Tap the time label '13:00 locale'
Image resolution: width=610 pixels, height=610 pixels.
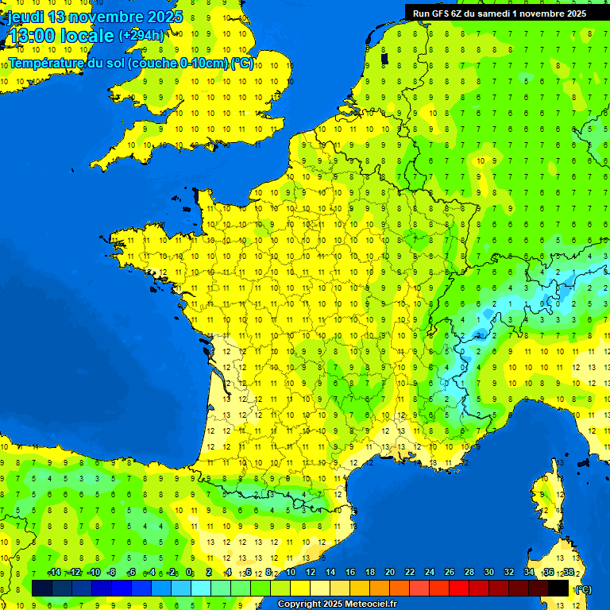pyautogui.click(x=61, y=36)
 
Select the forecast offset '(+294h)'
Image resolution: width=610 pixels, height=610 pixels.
pyautogui.click(x=142, y=36)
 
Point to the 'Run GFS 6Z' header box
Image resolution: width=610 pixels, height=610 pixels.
pyautogui.click(x=499, y=13)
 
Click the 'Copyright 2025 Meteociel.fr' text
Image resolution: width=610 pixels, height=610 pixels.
pyautogui.click(x=337, y=604)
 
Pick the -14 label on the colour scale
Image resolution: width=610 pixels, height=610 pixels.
pyautogui.click(x=55, y=573)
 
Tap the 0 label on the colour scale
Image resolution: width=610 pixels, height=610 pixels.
pyautogui.click(x=189, y=573)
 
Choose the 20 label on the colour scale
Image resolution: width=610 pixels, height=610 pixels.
pyautogui.click(x=389, y=573)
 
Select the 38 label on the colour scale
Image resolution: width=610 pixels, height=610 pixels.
pyautogui.click(x=568, y=573)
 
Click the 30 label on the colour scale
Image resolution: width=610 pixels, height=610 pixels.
pyautogui.click(x=488, y=573)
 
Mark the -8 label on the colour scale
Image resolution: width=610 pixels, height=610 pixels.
pyautogui.click(x=112, y=573)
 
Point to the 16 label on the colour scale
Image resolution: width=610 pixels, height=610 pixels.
pyautogui.click(x=349, y=573)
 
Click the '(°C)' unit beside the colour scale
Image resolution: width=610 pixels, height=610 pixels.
pyautogui.click(x=583, y=589)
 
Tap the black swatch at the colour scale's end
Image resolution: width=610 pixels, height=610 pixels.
pyautogui.click(x=558, y=588)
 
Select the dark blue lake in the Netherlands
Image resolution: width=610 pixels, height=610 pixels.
pyautogui.click(x=384, y=58)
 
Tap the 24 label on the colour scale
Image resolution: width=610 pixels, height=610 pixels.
pyautogui.click(x=429, y=573)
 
